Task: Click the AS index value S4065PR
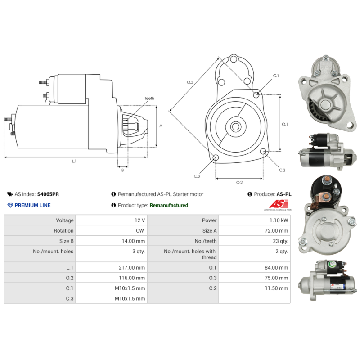pyautogui.click(x=48, y=194)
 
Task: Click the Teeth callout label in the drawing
pyautogui.click(x=149, y=98)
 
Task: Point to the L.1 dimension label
pyautogui.click(x=74, y=161)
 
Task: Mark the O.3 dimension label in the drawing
pyautogui.click(x=190, y=82)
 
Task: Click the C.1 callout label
pyautogui.click(x=276, y=76)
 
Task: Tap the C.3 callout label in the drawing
pyautogui.click(x=197, y=176)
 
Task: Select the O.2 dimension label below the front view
pyautogui.click(x=239, y=182)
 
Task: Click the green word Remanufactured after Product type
pyautogui.click(x=169, y=205)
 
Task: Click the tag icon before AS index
pyautogui.click(x=10, y=194)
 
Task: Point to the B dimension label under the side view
pyautogui.click(x=122, y=170)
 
